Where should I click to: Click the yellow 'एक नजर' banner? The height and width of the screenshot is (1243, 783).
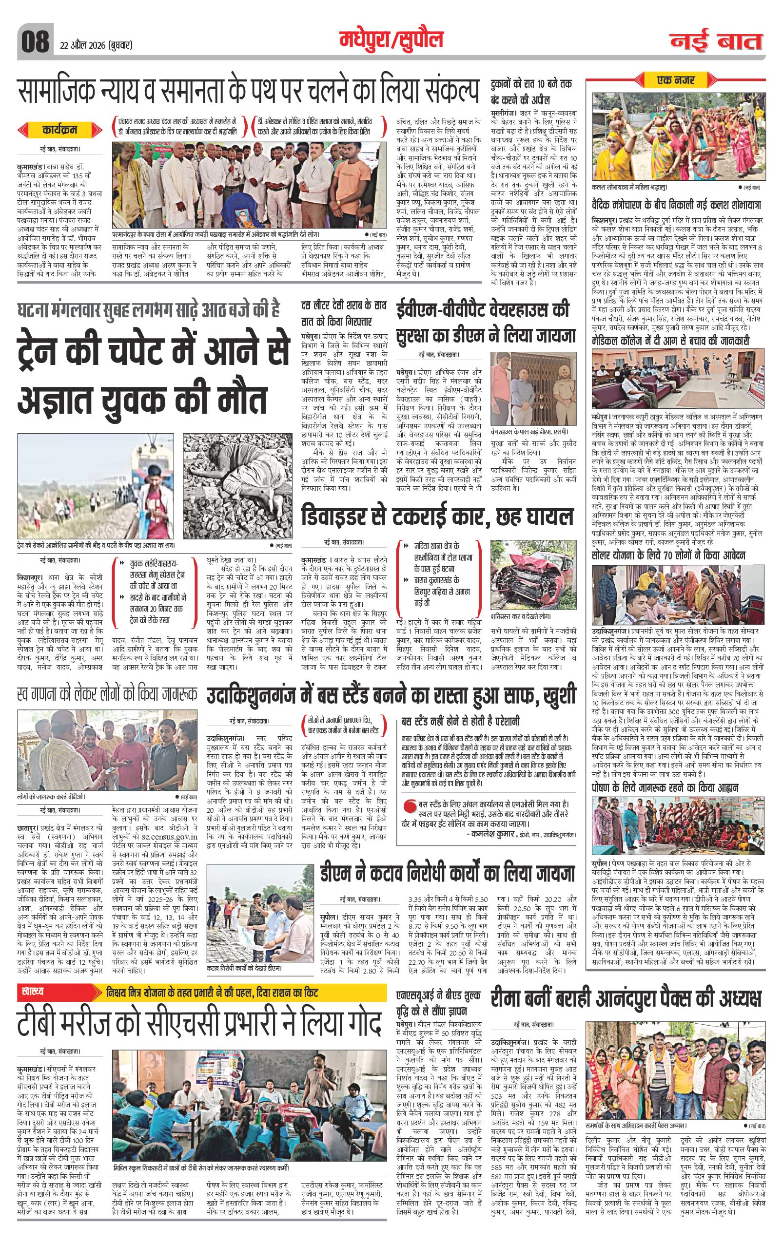tap(676, 80)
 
